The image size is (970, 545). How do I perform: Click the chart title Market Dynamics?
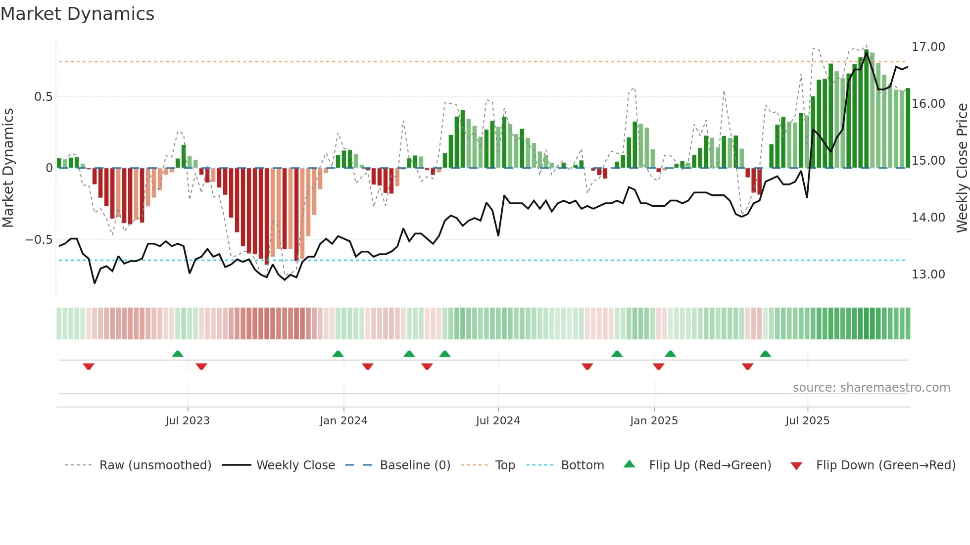[x=77, y=14]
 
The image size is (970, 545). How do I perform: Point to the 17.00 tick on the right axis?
[x=928, y=47]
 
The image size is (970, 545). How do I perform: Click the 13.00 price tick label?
[x=928, y=274]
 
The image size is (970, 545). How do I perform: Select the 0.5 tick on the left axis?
[x=43, y=97]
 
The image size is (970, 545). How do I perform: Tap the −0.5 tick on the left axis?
[x=39, y=240]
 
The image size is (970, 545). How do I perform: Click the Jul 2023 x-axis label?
[x=188, y=421]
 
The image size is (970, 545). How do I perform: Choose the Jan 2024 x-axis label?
[x=343, y=421]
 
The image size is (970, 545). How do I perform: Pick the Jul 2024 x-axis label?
[x=498, y=421]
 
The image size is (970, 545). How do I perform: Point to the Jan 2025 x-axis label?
[x=654, y=421]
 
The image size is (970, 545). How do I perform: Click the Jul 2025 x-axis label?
[x=807, y=421]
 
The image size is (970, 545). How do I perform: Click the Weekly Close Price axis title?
[x=962, y=168]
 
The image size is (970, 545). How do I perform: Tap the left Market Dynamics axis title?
[x=8, y=168]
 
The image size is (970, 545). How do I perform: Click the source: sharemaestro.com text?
[x=871, y=388]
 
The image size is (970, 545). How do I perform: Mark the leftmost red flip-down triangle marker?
[x=89, y=366]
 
